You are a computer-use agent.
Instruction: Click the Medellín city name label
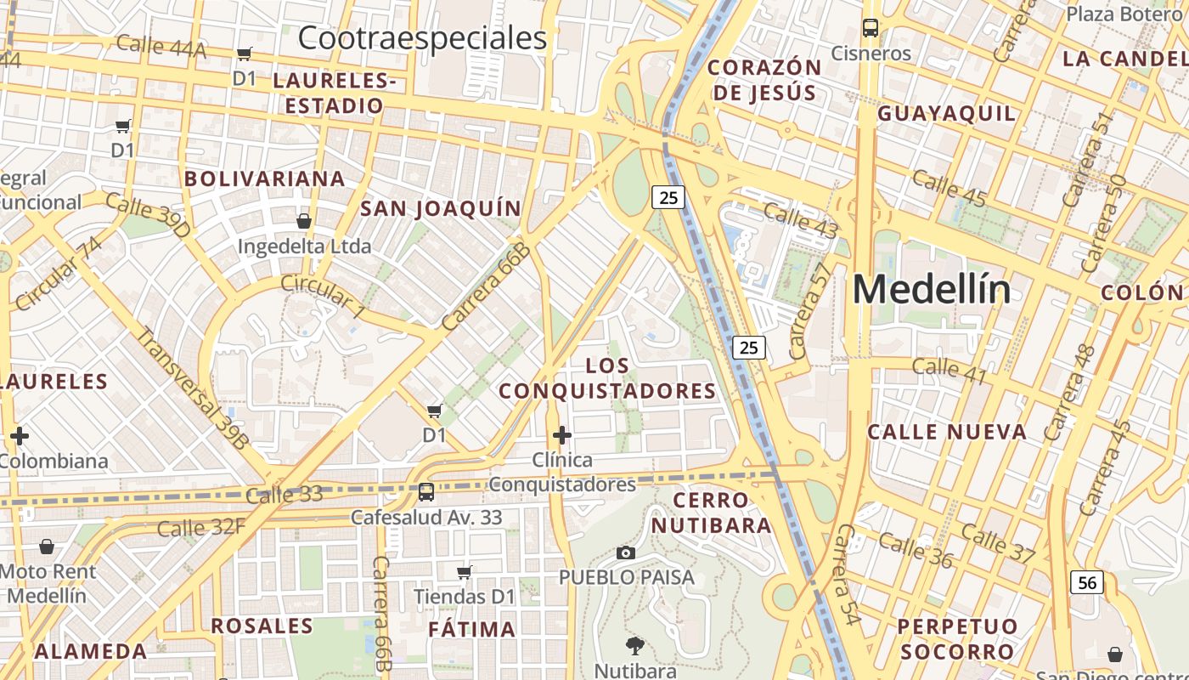[932, 290]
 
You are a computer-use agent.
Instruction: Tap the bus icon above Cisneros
[871, 27]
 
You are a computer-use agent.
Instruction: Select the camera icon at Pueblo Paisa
[626, 553]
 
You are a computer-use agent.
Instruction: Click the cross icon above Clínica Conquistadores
[561, 435]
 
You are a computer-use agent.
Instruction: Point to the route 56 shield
[1088, 582]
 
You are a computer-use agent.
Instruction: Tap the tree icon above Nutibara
[634, 645]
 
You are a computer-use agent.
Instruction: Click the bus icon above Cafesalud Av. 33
[426, 491]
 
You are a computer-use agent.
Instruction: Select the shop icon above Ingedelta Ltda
[304, 221]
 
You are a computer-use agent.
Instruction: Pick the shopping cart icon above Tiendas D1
[464, 572]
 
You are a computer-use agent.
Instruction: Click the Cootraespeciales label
[422, 38]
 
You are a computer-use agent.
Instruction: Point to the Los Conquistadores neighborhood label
[607, 378]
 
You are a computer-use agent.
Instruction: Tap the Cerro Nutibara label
[711, 513]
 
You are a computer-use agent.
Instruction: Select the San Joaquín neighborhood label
[441, 209]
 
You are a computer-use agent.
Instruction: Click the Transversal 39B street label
[193, 387]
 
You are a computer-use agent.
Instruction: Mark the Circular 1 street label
[322, 297]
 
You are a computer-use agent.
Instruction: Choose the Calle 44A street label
[161, 46]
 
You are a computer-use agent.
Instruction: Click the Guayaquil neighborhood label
[946, 114]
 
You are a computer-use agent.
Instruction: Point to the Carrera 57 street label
[809, 310]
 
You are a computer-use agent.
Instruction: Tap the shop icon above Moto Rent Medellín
[47, 547]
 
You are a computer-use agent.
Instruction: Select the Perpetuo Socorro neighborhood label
[957, 639]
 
